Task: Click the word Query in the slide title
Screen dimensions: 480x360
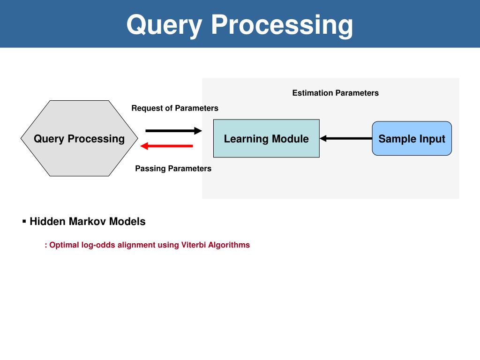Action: (164, 25)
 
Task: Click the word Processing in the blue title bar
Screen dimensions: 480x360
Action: (282, 25)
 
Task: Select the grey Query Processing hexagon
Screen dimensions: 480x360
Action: (79, 138)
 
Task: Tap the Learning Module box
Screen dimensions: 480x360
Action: (266, 138)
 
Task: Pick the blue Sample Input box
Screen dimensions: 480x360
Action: (412, 138)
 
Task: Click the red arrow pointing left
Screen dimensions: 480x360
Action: (166, 146)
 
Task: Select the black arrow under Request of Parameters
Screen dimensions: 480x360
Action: (173, 131)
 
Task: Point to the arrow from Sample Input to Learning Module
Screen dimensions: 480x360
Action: (346, 138)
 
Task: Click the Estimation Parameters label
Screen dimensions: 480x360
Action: (336, 93)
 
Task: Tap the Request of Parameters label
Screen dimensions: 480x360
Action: (175, 108)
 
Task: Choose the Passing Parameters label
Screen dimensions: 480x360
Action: (173, 168)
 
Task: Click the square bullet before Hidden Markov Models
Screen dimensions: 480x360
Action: (24, 221)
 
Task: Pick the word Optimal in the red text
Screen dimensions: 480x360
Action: (64, 245)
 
